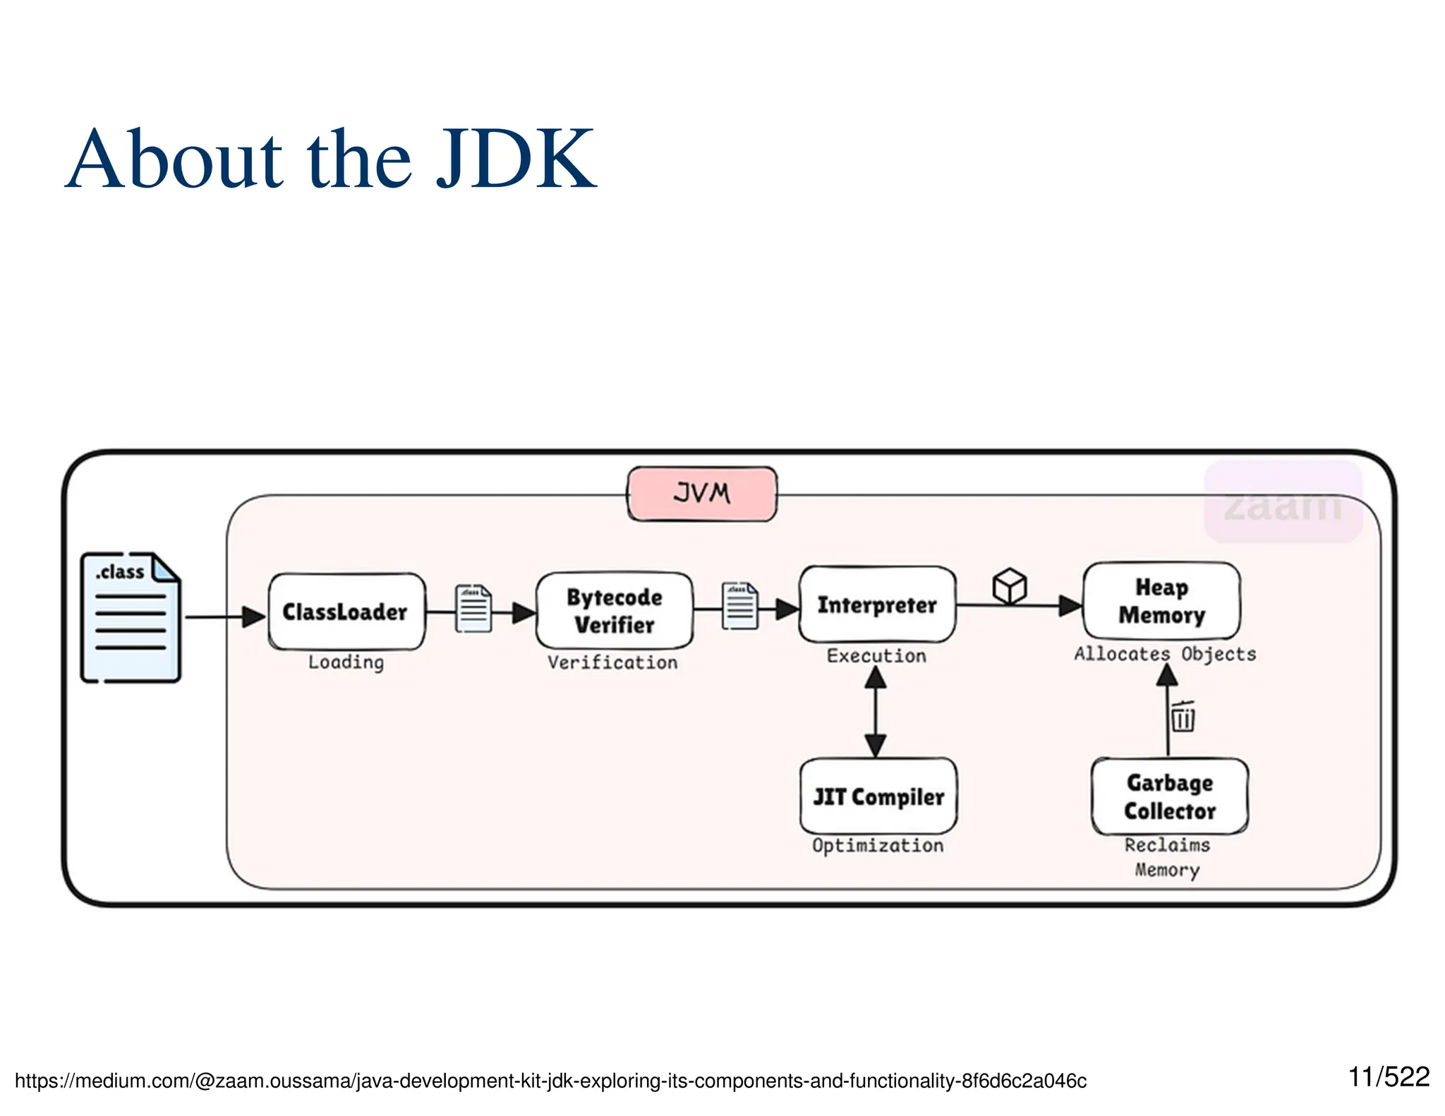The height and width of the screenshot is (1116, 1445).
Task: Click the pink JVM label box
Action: point(702,493)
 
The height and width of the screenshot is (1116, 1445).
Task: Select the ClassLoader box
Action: point(346,612)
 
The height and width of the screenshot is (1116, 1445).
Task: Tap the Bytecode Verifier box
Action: point(614,610)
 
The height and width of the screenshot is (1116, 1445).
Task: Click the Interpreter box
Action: point(877,605)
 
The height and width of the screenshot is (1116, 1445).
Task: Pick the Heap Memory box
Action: point(1161,600)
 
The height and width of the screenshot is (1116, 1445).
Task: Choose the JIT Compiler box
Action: point(878,796)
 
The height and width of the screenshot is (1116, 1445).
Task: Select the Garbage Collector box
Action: point(1169,796)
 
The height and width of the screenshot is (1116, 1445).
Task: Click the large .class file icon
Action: point(131,618)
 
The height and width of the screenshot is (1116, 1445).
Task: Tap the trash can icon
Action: point(1183,717)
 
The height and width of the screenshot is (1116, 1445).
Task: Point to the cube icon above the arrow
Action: point(1010,586)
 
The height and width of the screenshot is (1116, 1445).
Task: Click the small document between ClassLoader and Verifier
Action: point(473,608)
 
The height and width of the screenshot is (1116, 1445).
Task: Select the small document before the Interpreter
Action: point(740,605)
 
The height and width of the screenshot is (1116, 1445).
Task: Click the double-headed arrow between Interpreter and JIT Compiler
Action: point(876,712)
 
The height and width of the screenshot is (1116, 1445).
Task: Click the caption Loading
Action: point(346,662)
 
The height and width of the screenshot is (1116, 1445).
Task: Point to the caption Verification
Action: point(612,662)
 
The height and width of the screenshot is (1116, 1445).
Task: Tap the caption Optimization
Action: point(878,845)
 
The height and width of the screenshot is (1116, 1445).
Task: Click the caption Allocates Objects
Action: point(1165,654)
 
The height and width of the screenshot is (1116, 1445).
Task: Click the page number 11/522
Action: point(1388,1077)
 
